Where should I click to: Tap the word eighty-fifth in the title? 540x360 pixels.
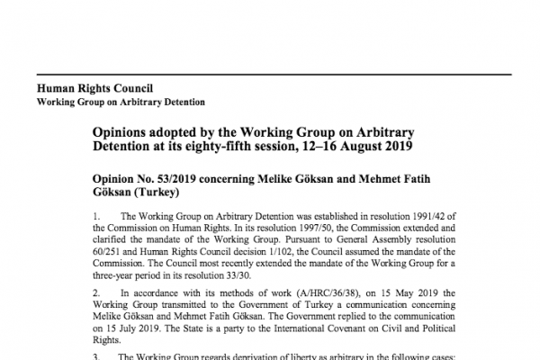click(x=237, y=146)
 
